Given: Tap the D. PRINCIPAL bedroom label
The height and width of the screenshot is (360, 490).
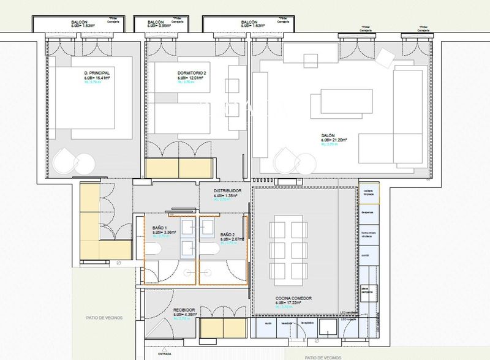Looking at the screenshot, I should click(101, 73).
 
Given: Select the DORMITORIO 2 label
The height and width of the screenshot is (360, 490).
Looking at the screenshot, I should click(192, 73).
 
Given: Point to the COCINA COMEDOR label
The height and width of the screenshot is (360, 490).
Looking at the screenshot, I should click(293, 298).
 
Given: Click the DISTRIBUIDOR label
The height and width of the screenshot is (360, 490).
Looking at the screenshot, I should click(227, 190).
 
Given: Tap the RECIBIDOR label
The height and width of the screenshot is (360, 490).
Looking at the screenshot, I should click(183, 311).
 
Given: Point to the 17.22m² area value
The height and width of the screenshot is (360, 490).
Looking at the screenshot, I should click(293, 303).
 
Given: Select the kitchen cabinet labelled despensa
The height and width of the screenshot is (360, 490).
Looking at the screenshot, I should click(367, 212).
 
